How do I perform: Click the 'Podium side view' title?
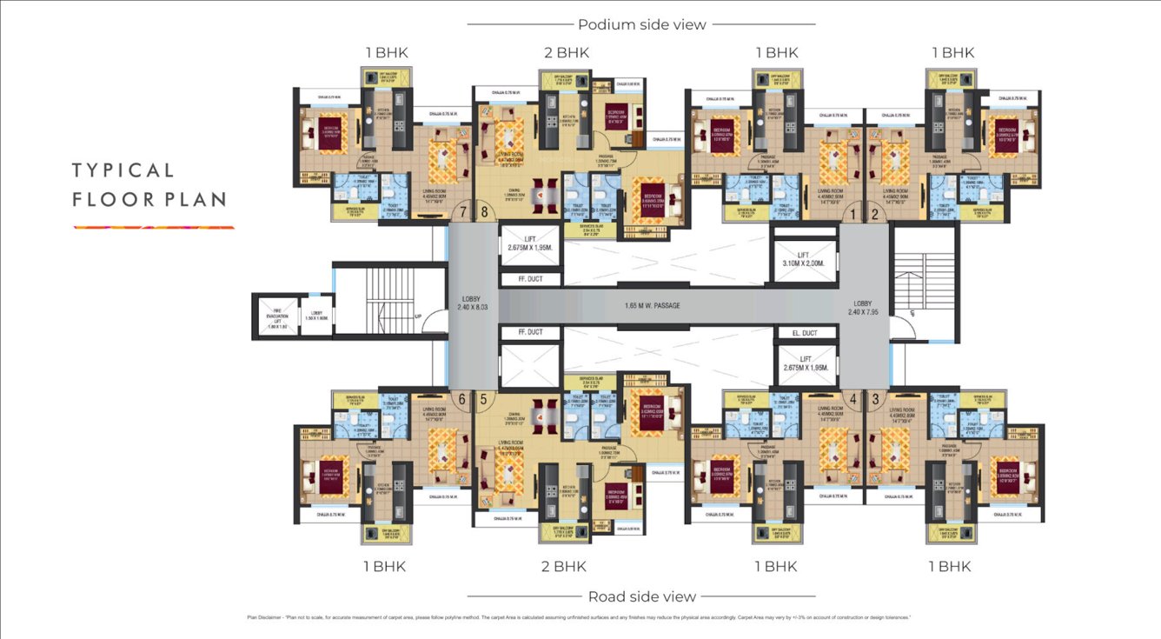tap(641, 24)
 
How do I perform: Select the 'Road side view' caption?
tap(641, 596)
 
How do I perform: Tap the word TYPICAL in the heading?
tap(123, 170)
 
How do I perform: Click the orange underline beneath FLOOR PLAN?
tap(153, 228)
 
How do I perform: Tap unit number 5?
tap(483, 399)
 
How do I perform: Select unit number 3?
tap(875, 399)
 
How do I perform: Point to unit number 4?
tap(853, 399)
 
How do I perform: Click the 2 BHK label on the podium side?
tap(566, 53)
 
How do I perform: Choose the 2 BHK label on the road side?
tap(563, 567)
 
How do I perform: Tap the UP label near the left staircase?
tap(419, 316)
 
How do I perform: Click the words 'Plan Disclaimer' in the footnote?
tap(264, 617)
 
